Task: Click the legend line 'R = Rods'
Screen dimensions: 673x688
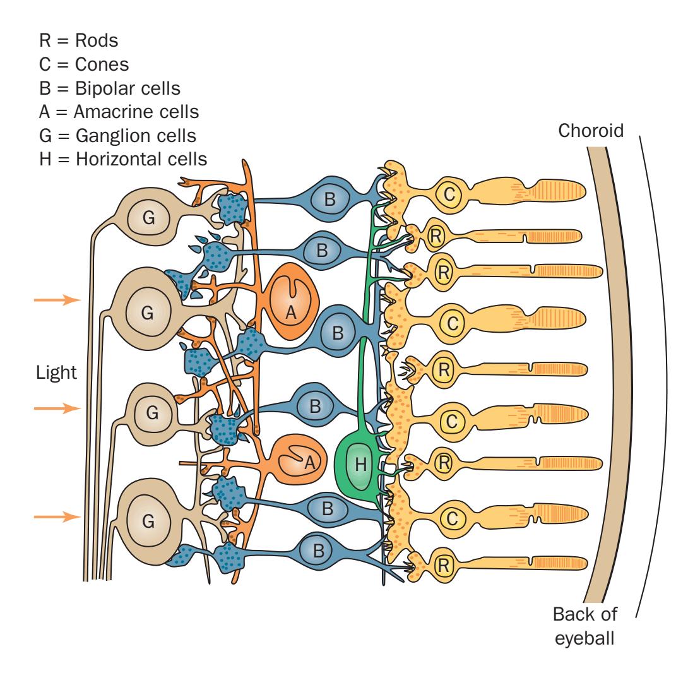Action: (78, 41)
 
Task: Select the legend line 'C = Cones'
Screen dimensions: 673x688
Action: (85, 65)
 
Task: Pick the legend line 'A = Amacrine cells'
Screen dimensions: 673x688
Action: (118, 112)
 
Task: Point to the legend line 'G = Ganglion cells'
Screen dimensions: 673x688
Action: (117, 136)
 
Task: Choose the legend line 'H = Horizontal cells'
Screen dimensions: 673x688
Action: (122, 159)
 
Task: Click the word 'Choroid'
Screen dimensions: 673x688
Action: (591, 131)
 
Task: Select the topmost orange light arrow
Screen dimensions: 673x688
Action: (57, 301)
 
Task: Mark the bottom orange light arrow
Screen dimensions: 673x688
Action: (57, 516)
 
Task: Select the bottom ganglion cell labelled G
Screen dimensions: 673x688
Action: (148, 520)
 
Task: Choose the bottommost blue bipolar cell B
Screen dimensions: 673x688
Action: (319, 550)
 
